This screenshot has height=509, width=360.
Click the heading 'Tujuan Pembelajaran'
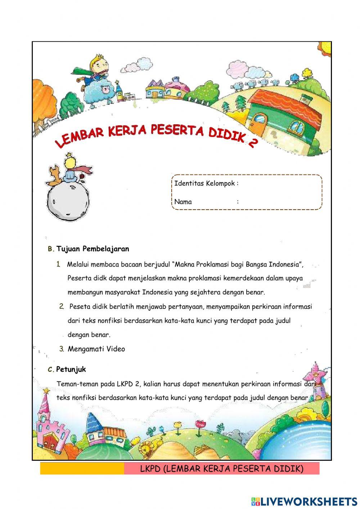93,249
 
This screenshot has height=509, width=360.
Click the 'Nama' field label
183,202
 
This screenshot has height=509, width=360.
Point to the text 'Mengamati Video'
96,349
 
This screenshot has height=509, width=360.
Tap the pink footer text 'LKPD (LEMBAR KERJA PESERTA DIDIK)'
221,468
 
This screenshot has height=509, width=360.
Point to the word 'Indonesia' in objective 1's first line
284,264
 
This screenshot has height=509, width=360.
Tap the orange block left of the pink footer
82,468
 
